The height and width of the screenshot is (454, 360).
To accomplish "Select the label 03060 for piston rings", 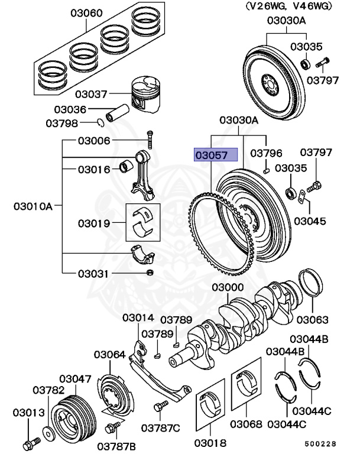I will point(86,12).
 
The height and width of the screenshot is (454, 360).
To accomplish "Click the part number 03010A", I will point(33,206).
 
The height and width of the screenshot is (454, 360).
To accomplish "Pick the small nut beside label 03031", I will point(150,273).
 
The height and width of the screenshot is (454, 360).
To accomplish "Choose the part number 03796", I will point(267,153).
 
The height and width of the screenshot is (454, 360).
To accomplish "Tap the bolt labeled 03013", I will point(27,442).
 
